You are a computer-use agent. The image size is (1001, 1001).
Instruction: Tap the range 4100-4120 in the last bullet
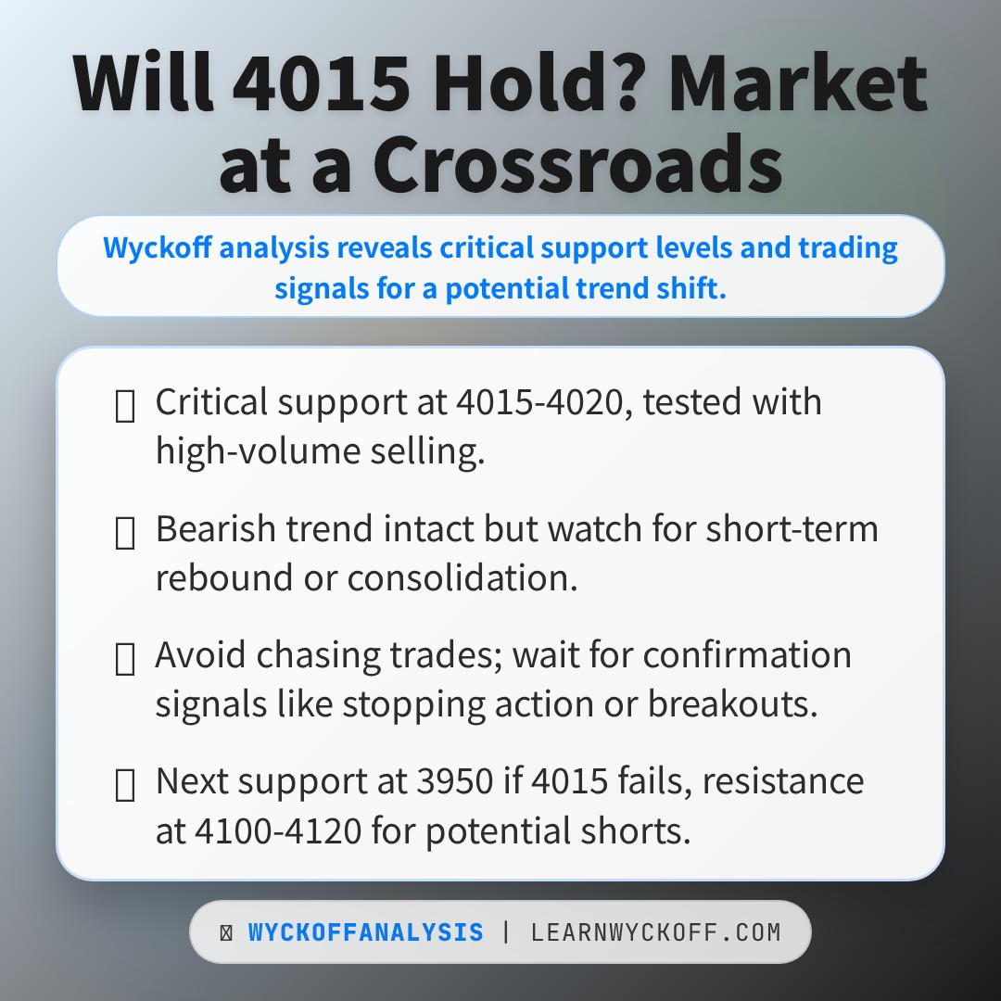click(x=278, y=830)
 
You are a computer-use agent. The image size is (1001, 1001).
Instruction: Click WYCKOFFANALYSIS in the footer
click(x=365, y=932)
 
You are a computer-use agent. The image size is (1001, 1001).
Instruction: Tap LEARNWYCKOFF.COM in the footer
click(x=655, y=932)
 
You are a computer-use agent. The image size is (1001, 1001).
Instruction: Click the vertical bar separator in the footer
click(x=506, y=932)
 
